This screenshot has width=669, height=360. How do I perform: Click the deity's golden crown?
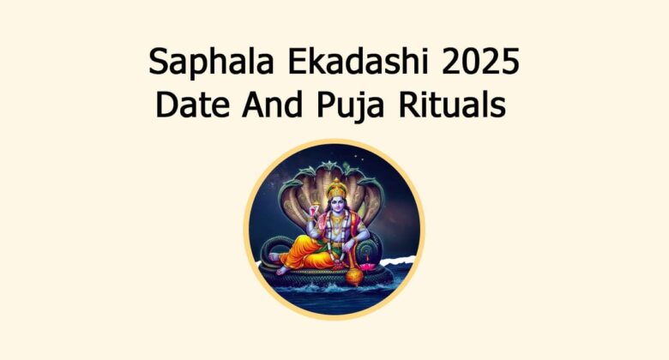(337, 188)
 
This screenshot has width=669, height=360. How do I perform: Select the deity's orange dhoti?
(309, 249)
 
